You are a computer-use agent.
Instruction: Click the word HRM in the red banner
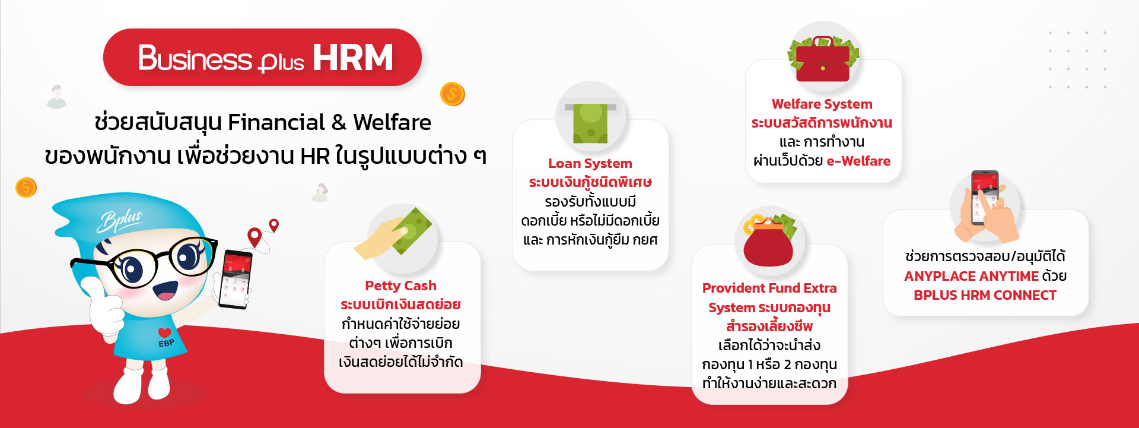353,58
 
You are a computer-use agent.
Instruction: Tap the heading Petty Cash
400,286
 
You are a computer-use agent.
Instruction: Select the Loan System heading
590,163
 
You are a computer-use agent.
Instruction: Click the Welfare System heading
822,104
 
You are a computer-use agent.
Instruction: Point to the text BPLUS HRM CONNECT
985,295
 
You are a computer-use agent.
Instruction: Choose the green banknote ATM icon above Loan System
590,122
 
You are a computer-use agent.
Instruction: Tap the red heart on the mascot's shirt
165,332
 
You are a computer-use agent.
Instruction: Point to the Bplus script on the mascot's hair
120,220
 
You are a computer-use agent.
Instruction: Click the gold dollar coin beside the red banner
452,94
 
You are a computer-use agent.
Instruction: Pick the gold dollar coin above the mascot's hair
26,188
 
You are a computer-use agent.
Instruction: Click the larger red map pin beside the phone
254,237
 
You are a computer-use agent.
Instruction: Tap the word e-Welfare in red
858,161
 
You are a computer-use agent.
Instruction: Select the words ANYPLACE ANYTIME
971,276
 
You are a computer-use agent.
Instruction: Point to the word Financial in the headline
276,122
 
